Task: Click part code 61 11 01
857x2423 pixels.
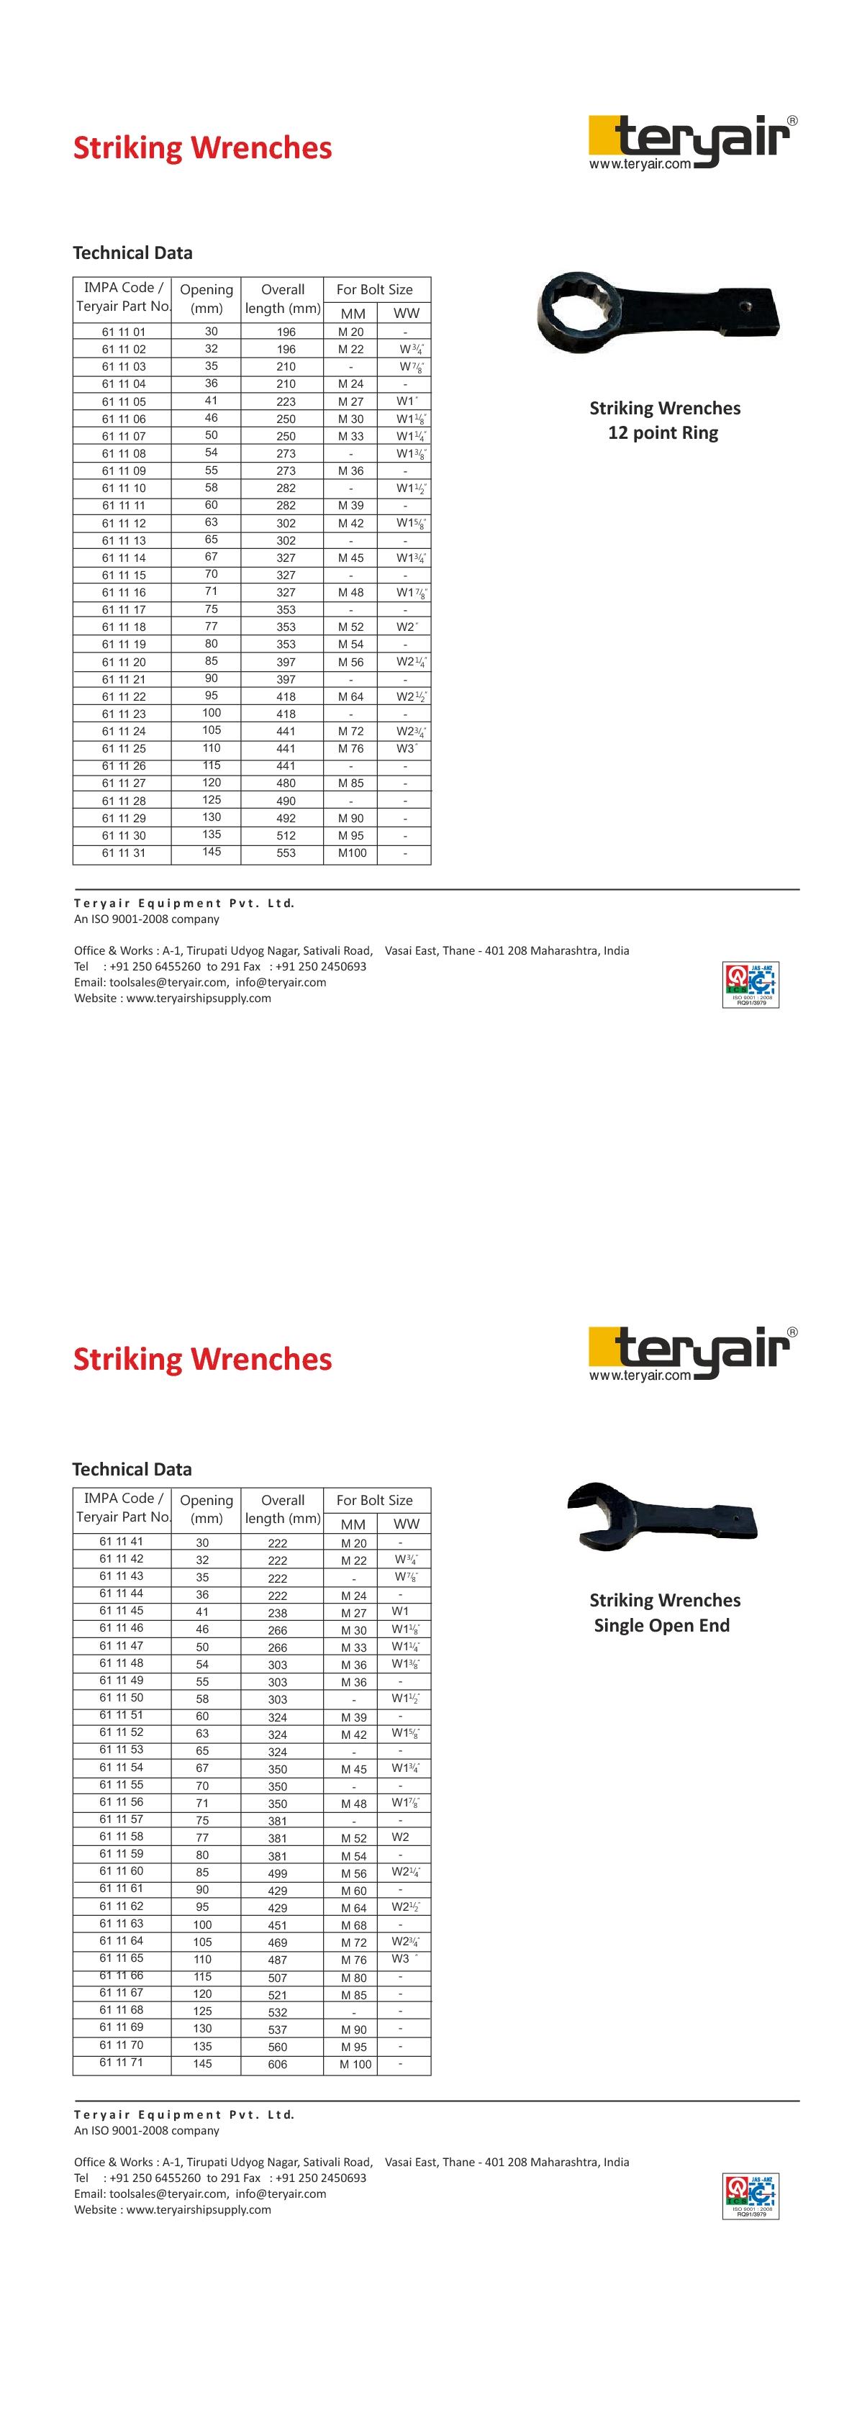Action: [123, 331]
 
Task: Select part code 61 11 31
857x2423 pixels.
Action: [123, 853]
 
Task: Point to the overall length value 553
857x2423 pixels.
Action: [286, 853]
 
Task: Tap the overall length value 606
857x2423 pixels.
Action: [278, 2064]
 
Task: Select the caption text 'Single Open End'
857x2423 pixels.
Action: [661, 1625]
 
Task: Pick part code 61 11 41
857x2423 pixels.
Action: [122, 1541]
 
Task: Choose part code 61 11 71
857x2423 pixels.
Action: [122, 2062]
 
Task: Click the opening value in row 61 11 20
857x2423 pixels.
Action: [212, 661]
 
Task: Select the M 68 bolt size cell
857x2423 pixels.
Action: [354, 1925]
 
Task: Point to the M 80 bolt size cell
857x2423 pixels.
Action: [354, 1977]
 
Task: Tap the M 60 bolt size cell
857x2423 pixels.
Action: [354, 1891]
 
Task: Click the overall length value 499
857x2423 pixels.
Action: [278, 1873]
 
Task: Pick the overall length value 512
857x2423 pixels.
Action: [286, 835]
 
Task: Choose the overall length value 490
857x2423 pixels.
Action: [286, 801]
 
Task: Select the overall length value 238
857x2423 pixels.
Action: [278, 1612]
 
